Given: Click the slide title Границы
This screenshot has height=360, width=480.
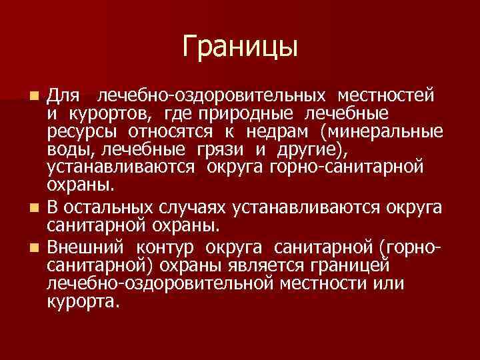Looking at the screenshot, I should [239, 46].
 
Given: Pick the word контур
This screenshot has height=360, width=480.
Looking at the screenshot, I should [167, 248].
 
